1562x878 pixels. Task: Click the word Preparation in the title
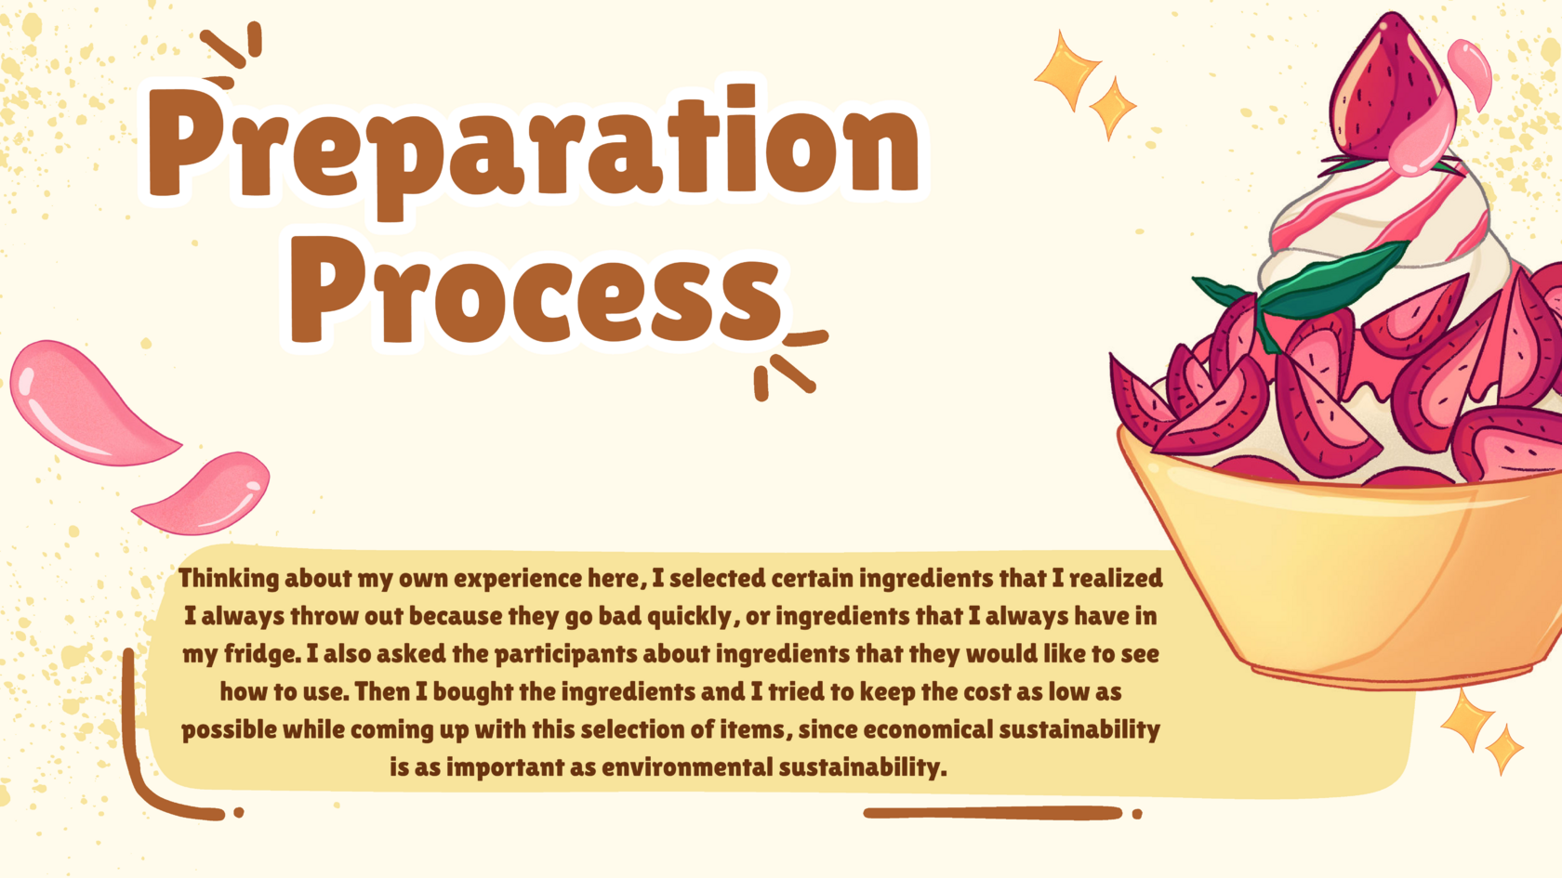pos(535,148)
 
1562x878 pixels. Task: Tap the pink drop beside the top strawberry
pos(1470,73)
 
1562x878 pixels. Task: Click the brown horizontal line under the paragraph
pos(993,813)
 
